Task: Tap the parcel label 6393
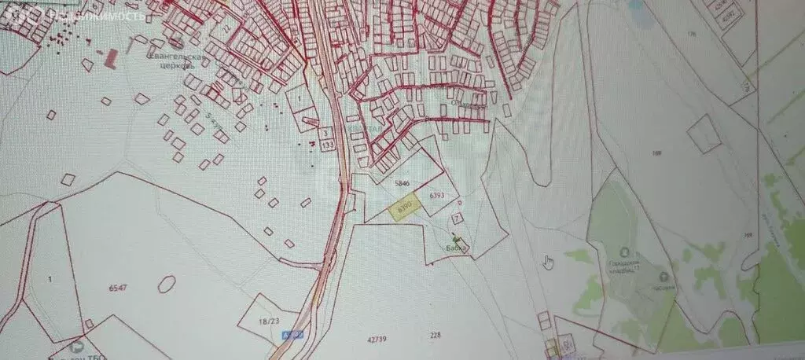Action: pos(438,194)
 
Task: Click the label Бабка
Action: pos(457,248)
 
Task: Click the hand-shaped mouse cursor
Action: pos(548,261)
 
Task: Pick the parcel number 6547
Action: pos(119,288)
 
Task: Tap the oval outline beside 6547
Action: pos(167,283)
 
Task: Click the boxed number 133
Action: pos(326,145)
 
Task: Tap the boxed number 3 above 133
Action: pos(325,134)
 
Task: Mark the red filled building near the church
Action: pos(110,57)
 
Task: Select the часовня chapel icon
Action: pos(666,277)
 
